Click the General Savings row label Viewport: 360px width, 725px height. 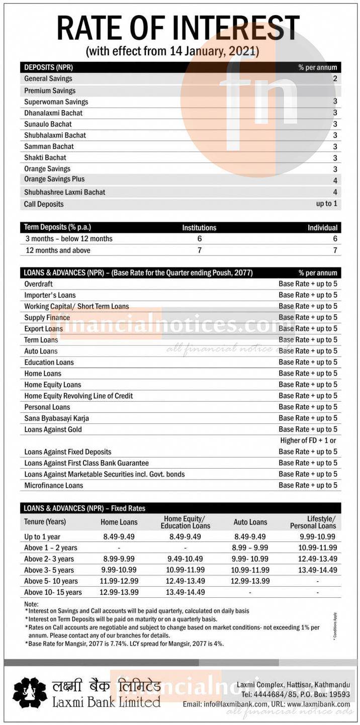pyautogui.click(x=48, y=78)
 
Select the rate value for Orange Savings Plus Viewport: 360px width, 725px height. pyautogui.click(x=335, y=180)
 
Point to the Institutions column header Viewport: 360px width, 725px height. pyautogui.click(x=199, y=227)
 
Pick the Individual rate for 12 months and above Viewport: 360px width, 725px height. pyautogui.click(x=335, y=250)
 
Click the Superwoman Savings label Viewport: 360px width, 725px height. pyautogui.click(x=56, y=102)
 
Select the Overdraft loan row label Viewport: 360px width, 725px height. pyautogui.click(x=39, y=284)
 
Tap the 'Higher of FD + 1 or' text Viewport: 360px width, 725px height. pyautogui.click(x=308, y=440)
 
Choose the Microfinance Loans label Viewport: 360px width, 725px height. pyautogui.click(x=54, y=485)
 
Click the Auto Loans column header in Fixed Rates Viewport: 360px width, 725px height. pyautogui.click(x=250, y=522)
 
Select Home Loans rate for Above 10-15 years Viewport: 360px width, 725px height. pyautogui.click(x=119, y=592)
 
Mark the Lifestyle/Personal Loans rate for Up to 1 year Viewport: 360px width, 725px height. pyautogui.click(x=317, y=537)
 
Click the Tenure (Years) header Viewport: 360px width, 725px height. pyautogui.click(x=45, y=522)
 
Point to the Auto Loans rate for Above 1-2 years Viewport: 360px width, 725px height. pyautogui.click(x=250, y=548)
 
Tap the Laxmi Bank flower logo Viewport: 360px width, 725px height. pyautogui.click(x=30, y=692)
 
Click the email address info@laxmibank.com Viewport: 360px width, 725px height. pyautogui.click(x=234, y=704)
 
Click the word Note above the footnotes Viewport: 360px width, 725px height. pyautogui.click(x=31, y=604)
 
